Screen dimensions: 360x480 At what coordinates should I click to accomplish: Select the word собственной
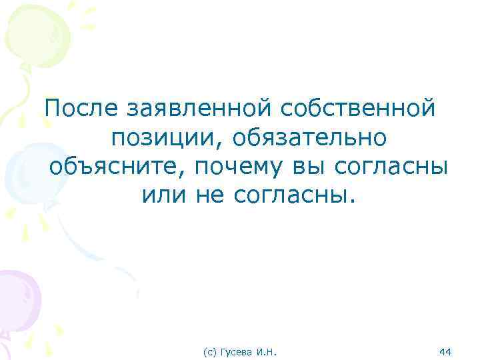pos(358,107)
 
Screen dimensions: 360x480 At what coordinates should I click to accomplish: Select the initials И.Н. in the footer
pos(267,350)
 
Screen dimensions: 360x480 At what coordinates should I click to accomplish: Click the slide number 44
pos(446,350)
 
